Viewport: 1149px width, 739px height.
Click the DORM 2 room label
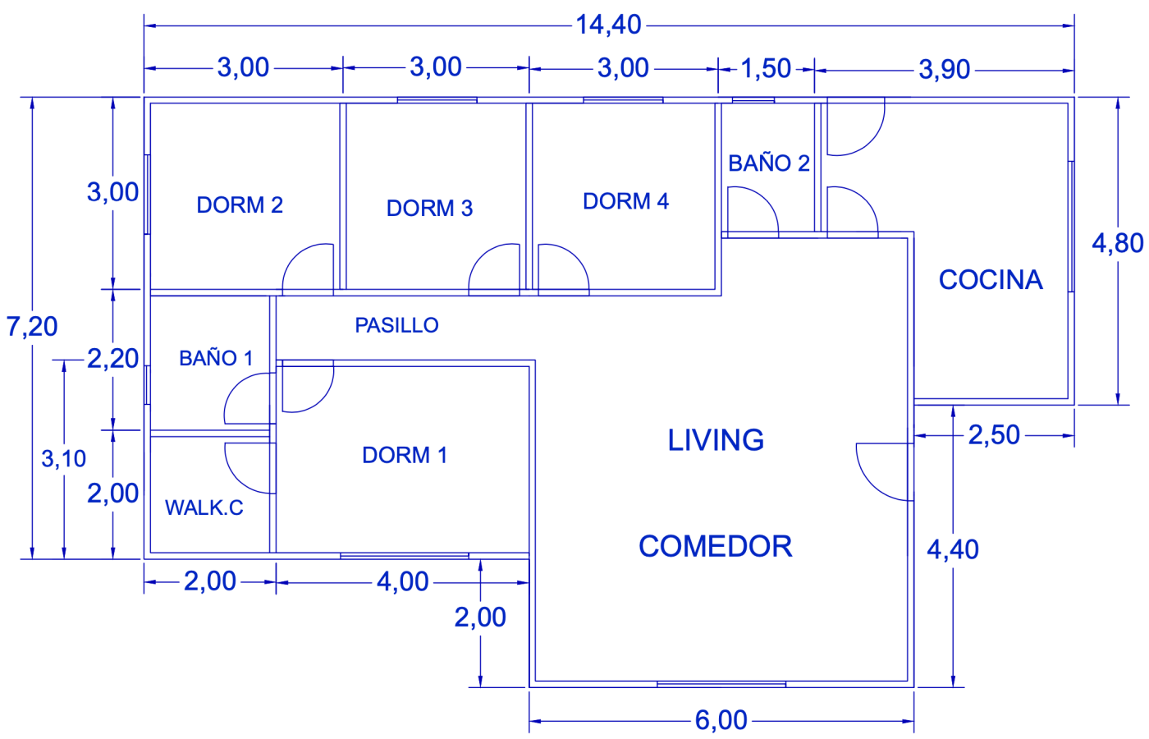click(240, 205)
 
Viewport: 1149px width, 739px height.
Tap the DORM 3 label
click(429, 209)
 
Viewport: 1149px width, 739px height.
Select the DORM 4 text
click(625, 201)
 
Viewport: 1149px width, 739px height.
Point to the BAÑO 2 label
click(769, 163)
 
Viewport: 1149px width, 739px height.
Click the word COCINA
click(991, 280)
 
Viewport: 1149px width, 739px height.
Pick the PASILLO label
click(396, 326)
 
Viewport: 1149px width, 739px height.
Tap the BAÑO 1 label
click(216, 359)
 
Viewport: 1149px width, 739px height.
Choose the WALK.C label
click(204, 508)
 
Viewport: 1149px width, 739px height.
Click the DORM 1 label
click(405, 456)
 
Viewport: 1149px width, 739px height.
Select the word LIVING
click(716, 441)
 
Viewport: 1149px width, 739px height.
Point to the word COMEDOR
click(716, 547)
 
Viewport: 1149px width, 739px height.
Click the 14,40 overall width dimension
click(608, 25)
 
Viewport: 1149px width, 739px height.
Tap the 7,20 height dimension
click(32, 327)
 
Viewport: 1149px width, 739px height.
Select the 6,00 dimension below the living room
click(721, 720)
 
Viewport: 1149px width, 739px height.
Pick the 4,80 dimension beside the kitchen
click(1117, 243)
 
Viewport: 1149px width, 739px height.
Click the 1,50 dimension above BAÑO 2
click(766, 68)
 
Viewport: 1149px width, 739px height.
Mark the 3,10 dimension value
click(64, 459)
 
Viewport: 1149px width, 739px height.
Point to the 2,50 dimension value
click(994, 435)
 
